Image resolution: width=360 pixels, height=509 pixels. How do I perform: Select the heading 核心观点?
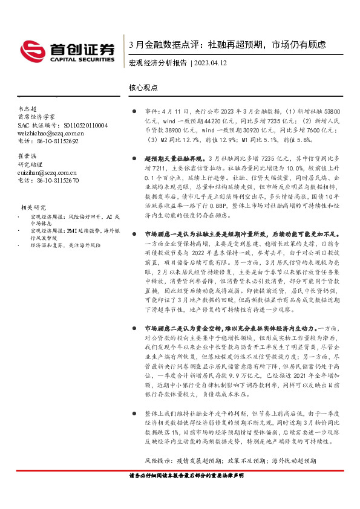pyautogui.click(x=143, y=87)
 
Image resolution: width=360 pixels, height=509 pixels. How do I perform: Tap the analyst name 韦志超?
pyautogui.click(x=28, y=107)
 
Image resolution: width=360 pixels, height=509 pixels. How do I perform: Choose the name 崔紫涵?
pyautogui.click(x=28, y=156)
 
